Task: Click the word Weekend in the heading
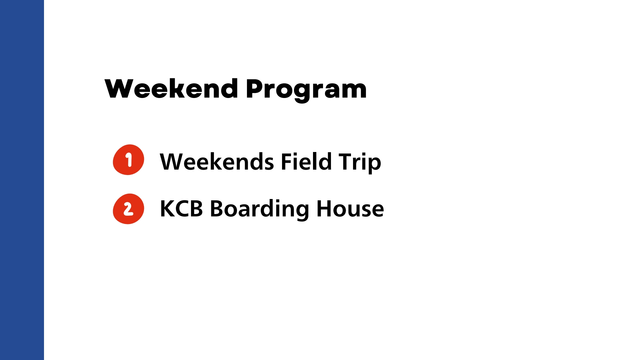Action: coord(171,89)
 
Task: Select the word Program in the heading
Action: coord(306,90)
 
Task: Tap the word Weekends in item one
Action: coord(217,162)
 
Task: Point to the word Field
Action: coord(306,161)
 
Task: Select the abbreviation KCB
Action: coord(181,209)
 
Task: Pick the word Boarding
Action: coord(259,209)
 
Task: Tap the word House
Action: coord(350,209)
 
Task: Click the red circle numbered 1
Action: coord(128,160)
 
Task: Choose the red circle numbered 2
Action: coord(128,209)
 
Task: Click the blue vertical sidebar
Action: coord(22,180)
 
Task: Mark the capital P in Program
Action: coord(255,89)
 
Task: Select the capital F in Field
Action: coord(287,162)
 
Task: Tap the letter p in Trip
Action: coord(374,166)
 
